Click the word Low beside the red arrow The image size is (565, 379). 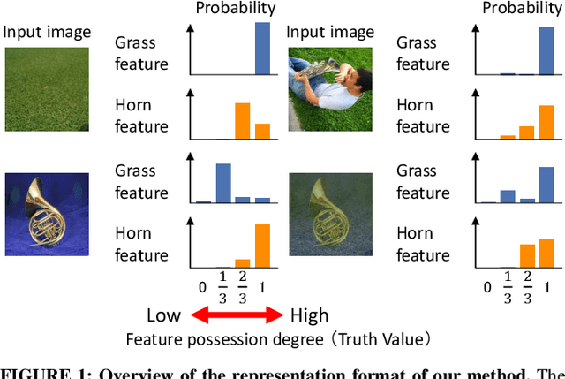[163, 315]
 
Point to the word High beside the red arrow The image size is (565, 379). [308, 315]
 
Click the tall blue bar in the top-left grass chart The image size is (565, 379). [262, 49]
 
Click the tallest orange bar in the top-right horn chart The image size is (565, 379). [547, 118]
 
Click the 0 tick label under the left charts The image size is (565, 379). [202, 286]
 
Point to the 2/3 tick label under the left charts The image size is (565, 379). [242, 287]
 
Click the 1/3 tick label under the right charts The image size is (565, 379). [507, 287]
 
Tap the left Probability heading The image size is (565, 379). [236, 9]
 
